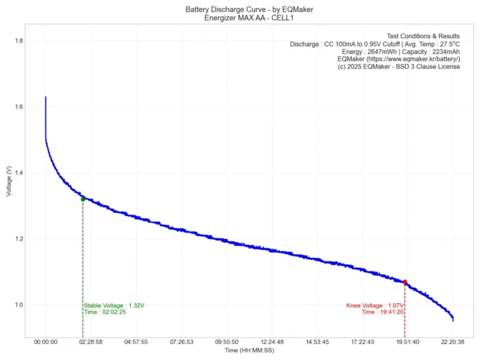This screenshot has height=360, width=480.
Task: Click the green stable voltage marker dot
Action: [x=83, y=199]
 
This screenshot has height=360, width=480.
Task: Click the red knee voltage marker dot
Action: [x=405, y=282]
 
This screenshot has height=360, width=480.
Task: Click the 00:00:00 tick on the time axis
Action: [x=45, y=342]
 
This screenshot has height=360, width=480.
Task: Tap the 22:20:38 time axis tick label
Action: [x=453, y=342]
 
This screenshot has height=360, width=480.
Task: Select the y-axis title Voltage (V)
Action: [x=8, y=181]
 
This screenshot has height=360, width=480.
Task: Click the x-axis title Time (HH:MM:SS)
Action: [x=249, y=351]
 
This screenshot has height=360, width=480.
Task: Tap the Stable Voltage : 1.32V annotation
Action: [x=114, y=305]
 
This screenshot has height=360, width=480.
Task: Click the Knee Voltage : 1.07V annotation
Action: [x=375, y=305]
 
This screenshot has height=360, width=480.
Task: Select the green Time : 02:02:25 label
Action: [x=105, y=312]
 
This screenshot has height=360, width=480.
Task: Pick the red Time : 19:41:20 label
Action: [x=383, y=312]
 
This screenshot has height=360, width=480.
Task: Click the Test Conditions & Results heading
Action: [x=423, y=35]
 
